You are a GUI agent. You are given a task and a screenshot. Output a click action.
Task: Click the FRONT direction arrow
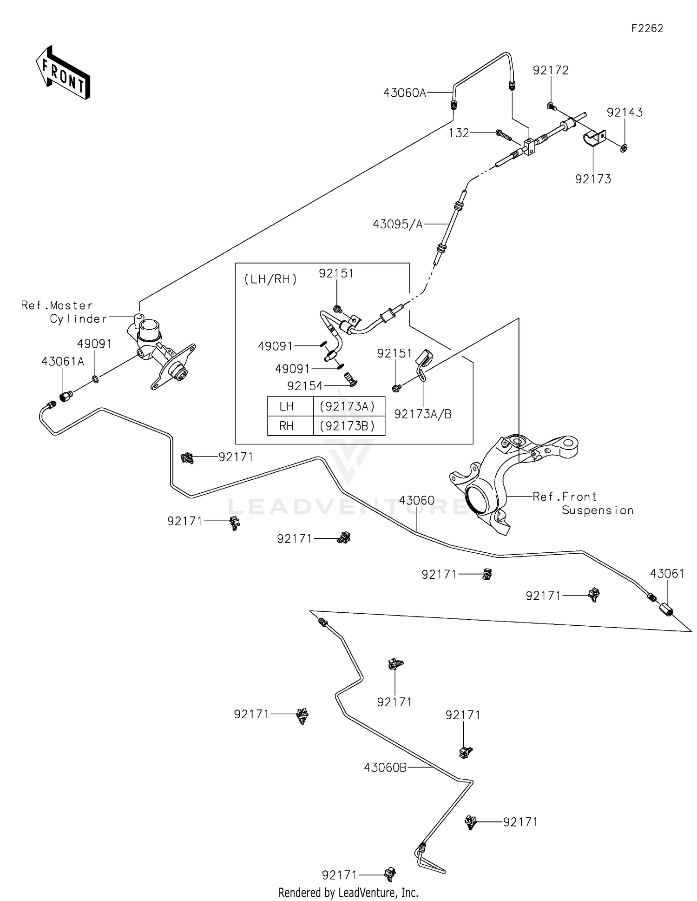(x=63, y=73)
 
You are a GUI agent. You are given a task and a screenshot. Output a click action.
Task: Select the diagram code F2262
(x=647, y=28)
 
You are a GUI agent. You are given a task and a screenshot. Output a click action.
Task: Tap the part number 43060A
(x=404, y=93)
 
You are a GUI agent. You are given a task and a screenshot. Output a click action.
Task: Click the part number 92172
(x=551, y=71)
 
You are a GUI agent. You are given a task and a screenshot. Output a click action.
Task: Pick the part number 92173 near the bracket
(x=593, y=179)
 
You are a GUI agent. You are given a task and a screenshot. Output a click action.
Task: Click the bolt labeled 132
(x=503, y=135)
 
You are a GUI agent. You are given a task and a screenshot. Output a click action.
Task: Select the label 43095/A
(x=398, y=225)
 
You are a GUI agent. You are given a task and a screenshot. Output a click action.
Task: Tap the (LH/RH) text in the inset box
(x=270, y=279)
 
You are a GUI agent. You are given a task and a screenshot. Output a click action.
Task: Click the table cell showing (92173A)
(x=348, y=407)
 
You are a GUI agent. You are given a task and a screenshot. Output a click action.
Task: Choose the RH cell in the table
(x=287, y=426)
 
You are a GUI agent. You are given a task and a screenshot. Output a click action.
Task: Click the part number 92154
(x=304, y=386)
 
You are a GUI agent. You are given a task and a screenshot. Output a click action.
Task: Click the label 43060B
(x=385, y=768)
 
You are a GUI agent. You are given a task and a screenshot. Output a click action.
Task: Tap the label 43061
(x=667, y=574)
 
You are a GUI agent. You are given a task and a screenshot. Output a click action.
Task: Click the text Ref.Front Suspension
(x=583, y=503)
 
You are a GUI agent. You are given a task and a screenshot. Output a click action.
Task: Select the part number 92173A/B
(x=422, y=414)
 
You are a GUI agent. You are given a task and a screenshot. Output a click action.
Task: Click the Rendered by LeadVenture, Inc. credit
(x=348, y=892)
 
